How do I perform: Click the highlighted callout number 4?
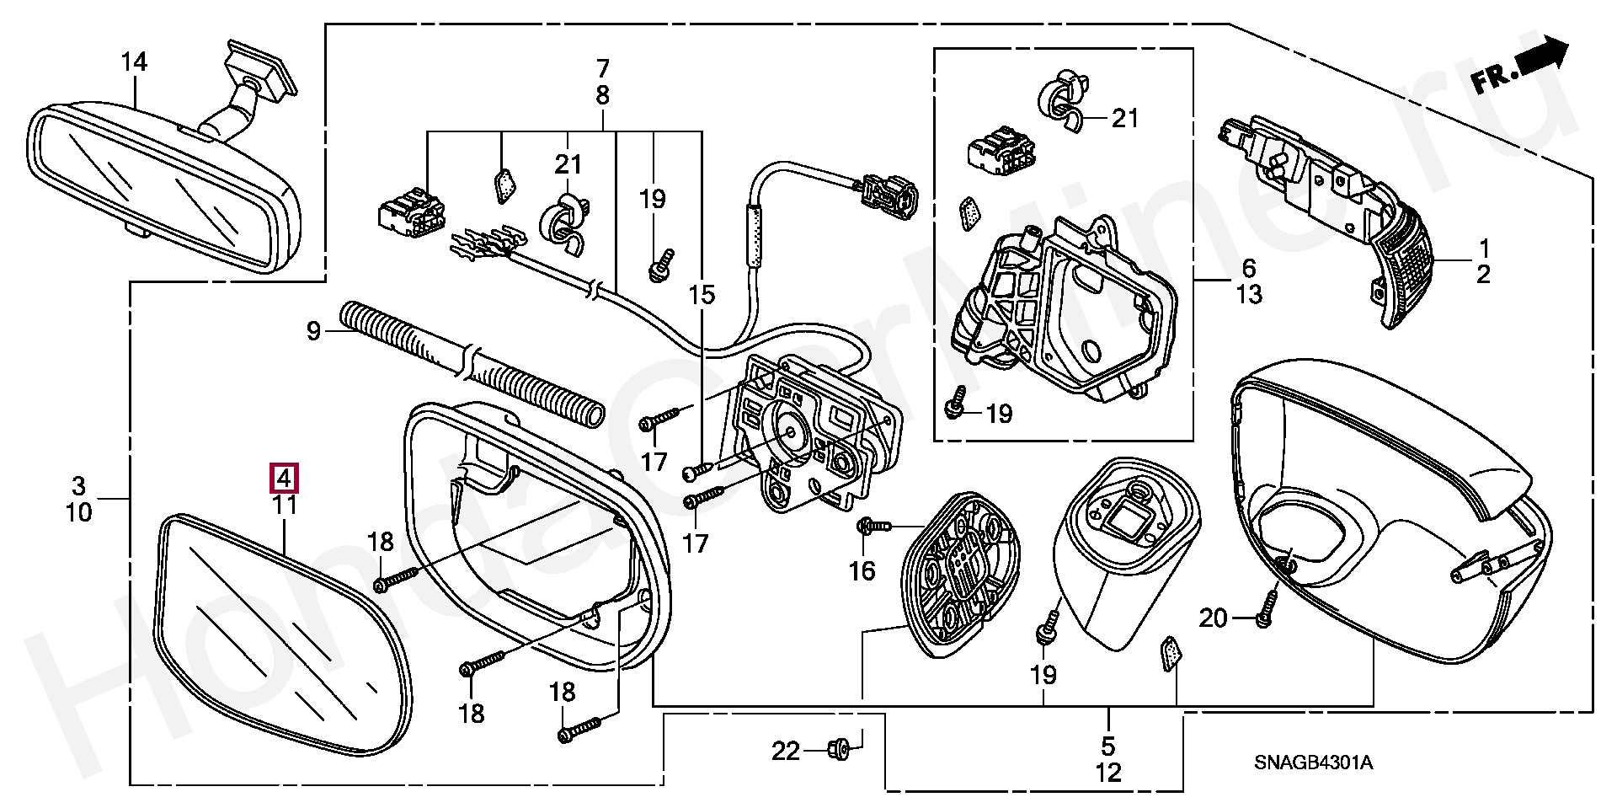tap(284, 479)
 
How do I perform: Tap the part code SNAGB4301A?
tap(1313, 763)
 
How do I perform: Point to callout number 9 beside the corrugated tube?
tap(313, 331)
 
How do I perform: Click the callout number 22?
tap(786, 750)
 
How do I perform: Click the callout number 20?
tap(1213, 618)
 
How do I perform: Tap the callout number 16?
tap(862, 571)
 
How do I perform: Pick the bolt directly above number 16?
tap(873, 527)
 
